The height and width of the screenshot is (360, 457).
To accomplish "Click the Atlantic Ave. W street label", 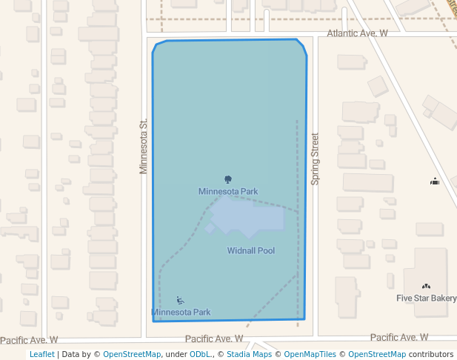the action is coord(357,33).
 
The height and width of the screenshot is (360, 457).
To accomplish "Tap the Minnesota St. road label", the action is coord(144,146).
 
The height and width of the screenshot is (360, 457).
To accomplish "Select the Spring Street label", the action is coord(315,159).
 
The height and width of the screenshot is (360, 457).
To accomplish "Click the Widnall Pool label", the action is coord(250,250).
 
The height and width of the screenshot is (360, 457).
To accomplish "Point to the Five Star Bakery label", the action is coord(426,299).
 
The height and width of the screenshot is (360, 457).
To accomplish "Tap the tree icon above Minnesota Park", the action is coord(227,179).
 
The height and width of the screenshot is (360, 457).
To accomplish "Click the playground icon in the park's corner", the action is coord(180,301).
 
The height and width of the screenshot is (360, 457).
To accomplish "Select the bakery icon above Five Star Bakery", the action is coord(426,287).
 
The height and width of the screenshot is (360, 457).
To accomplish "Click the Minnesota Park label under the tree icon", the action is coord(227,191).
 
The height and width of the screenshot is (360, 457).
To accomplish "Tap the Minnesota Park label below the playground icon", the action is coord(181,312).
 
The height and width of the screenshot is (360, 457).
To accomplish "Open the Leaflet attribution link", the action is coord(41,354).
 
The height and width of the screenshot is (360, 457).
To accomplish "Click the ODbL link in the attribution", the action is coord(199,354).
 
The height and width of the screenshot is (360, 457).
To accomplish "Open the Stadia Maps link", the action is coord(248,354).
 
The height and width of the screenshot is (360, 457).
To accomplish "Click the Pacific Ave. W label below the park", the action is coord(214,338).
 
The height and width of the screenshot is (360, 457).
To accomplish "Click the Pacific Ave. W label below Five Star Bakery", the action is coord(399,337).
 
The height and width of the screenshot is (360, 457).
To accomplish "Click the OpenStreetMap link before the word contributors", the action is coord(376,354).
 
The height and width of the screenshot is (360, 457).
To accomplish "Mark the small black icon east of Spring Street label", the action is coord(435,181).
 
